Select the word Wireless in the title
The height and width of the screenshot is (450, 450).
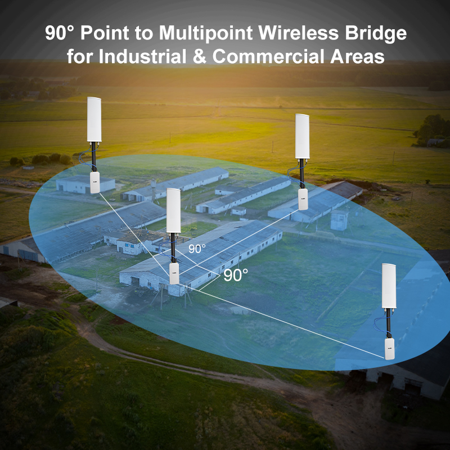tap(296, 33)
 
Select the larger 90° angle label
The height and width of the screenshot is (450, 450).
tap(236, 275)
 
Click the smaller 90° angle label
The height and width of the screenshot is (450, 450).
tap(197, 248)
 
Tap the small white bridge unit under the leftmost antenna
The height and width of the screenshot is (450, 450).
tap(94, 183)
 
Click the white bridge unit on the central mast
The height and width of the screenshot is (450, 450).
tap(174, 273)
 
